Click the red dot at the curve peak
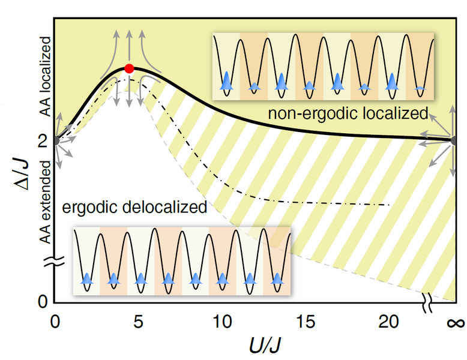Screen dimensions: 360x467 click(128, 69)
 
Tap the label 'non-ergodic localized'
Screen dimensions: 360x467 click(348, 113)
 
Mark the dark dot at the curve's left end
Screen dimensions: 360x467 click(56, 140)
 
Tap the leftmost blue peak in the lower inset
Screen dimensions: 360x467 click(88, 278)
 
